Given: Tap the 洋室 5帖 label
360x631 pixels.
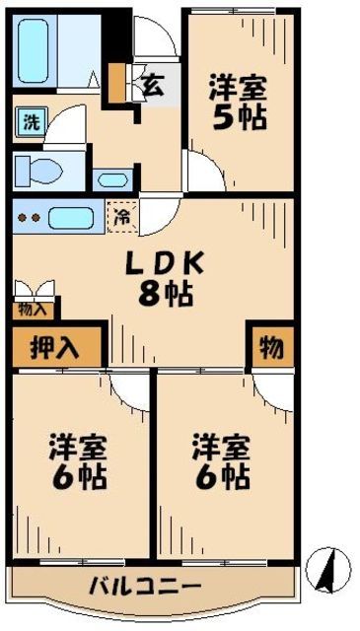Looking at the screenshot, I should point(237,104).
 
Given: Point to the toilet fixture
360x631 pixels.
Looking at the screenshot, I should point(37,170).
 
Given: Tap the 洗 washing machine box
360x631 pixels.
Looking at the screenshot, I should point(32,124).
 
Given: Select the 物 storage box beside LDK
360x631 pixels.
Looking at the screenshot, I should point(270,347).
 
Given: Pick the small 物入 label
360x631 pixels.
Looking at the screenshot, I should point(31,310).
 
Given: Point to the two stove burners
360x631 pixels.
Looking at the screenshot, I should point(29,218).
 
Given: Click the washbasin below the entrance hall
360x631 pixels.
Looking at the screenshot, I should point(111,180).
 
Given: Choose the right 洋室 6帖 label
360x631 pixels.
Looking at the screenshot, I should point(220,461).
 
